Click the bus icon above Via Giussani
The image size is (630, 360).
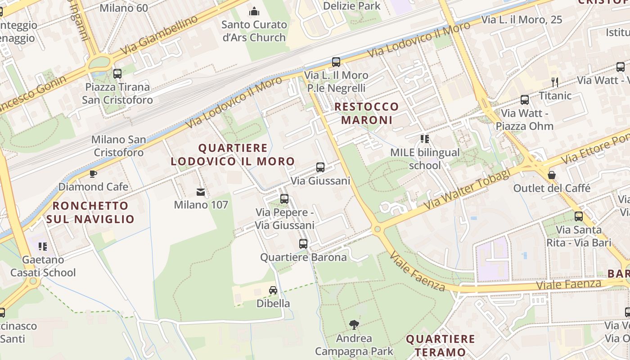coord(320,167)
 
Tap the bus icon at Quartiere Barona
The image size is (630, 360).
coord(303,244)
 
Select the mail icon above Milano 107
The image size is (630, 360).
coord(201,192)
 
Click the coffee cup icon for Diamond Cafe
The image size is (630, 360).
coord(93,174)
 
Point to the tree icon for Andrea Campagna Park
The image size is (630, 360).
coord(354,325)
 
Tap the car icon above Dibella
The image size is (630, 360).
coord(273,290)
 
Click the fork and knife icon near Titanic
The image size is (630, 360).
coord(555,82)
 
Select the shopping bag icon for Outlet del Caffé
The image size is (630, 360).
coord(551,175)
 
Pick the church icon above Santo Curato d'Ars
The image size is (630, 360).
coord(254,11)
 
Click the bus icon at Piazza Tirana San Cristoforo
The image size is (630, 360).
coord(117,73)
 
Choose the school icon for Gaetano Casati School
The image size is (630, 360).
coord(43,246)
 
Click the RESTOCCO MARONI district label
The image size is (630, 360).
coord(367,113)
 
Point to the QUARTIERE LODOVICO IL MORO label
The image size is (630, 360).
coord(233,154)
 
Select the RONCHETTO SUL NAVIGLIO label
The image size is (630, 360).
coord(90,212)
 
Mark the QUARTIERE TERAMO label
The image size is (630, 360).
coord(441,345)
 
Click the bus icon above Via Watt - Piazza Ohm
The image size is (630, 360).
coord(524,100)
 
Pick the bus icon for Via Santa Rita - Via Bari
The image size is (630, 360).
coord(579,216)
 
